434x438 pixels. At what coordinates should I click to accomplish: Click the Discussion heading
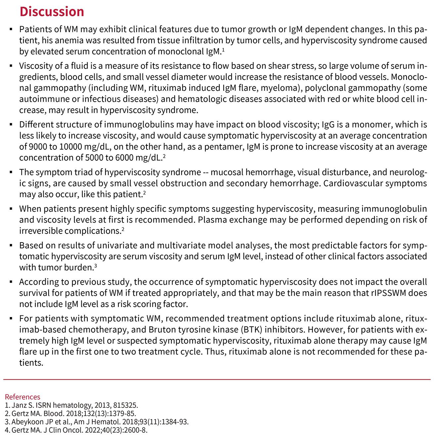(52, 12)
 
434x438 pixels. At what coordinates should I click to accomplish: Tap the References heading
(22, 397)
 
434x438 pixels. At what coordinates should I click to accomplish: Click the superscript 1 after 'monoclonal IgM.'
(223, 50)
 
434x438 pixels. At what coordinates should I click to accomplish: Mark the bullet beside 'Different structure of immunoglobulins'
(11, 125)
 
